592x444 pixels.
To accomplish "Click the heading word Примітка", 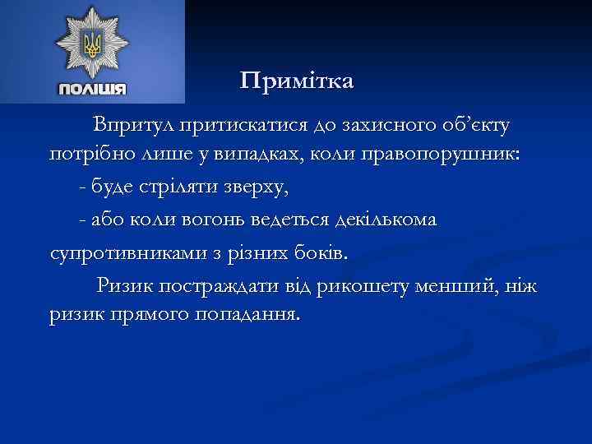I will (297, 81).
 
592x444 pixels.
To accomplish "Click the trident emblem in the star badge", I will (92, 45).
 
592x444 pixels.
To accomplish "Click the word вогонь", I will (238, 220).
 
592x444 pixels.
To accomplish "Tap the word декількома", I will (386, 220).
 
